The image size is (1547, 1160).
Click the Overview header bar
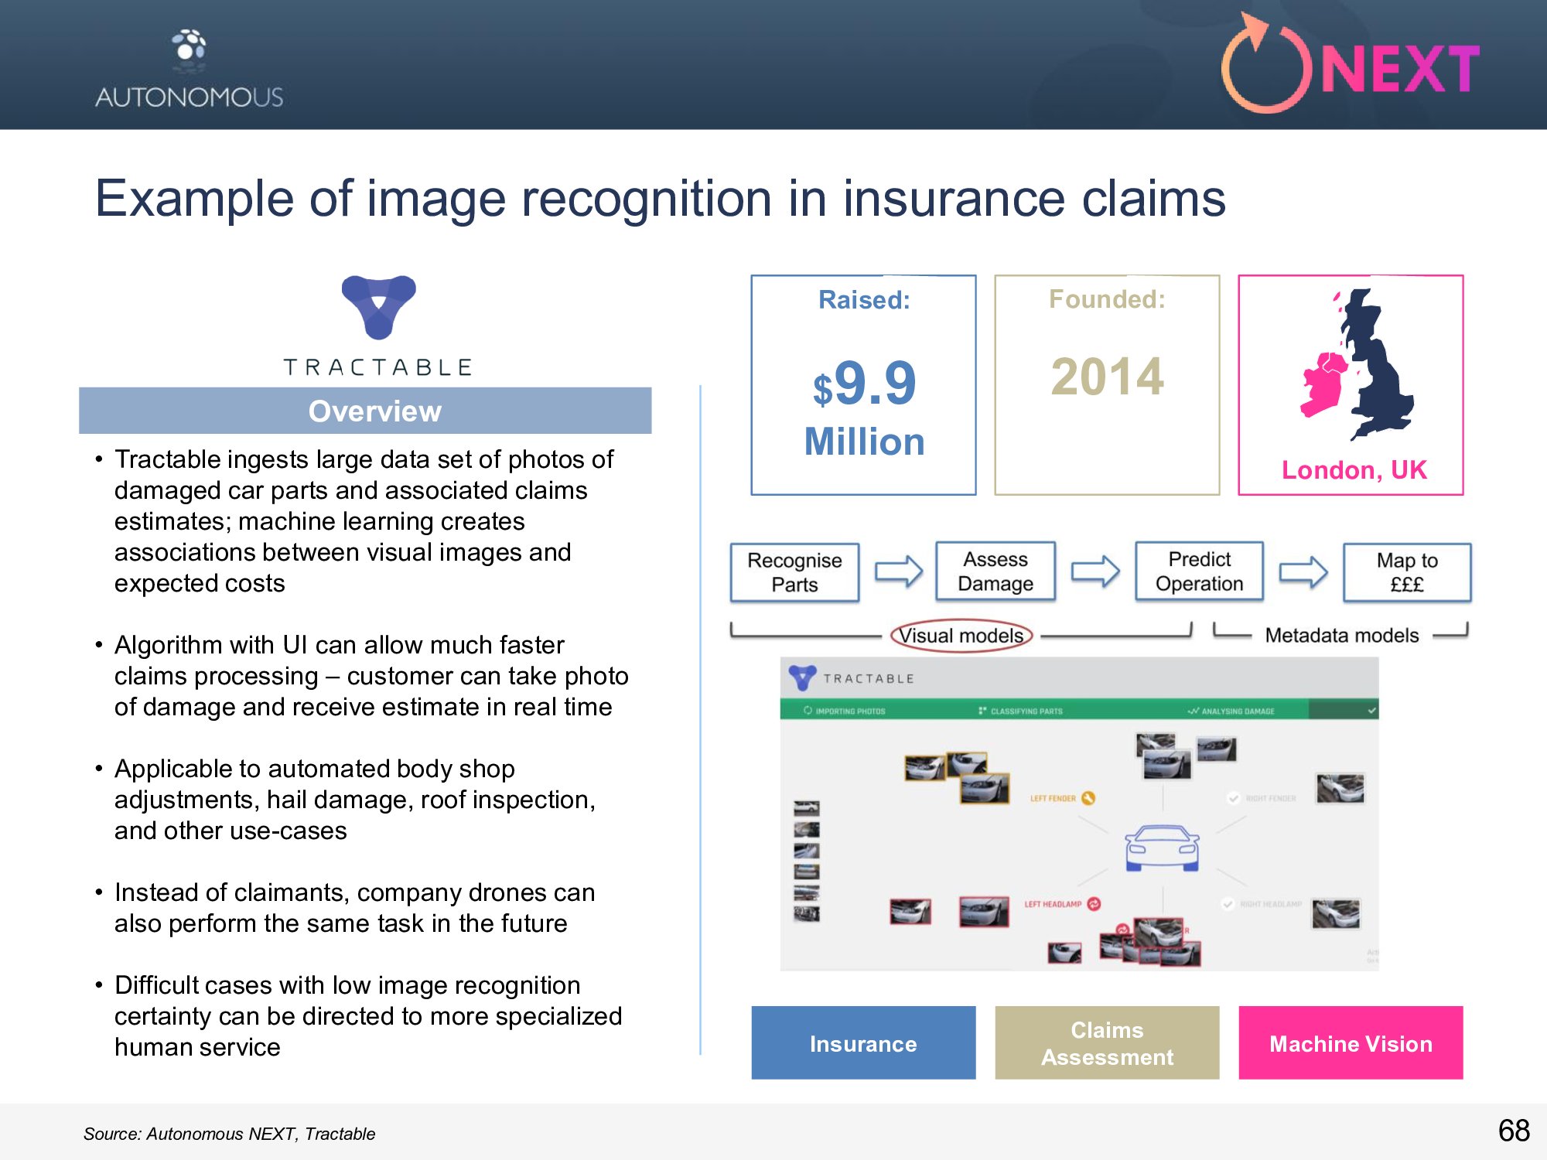pos(365,411)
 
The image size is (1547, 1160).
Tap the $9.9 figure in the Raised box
pos(865,384)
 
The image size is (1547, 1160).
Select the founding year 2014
pos(1107,377)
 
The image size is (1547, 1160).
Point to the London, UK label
pos(1354,470)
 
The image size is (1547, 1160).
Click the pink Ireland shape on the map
pos(1324,384)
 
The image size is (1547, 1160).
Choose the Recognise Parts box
pos(794,572)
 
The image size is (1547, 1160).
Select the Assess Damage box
pos(995,571)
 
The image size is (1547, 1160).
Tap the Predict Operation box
pos(1199,571)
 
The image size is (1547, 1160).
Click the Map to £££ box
pos(1407,572)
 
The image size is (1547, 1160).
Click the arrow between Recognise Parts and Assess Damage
pos(898,572)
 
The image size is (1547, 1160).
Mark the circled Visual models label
pos(961,636)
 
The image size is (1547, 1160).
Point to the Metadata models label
pos(1341,636)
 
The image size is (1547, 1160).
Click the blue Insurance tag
pos(863,1043)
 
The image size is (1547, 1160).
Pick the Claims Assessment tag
pos(1107,1043)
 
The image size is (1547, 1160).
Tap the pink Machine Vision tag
pos(1351,1043)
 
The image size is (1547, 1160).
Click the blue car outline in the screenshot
pos(1162,848)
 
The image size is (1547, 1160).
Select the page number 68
pos(1514,1131)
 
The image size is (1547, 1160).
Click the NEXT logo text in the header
pos(1400,70)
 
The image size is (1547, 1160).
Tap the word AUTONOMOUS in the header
pos(190,97)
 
